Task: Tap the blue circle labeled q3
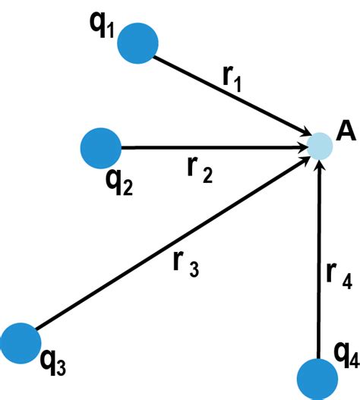tap(21, 341)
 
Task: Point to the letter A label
tap(346, 132)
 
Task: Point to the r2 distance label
tap(199, 172)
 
